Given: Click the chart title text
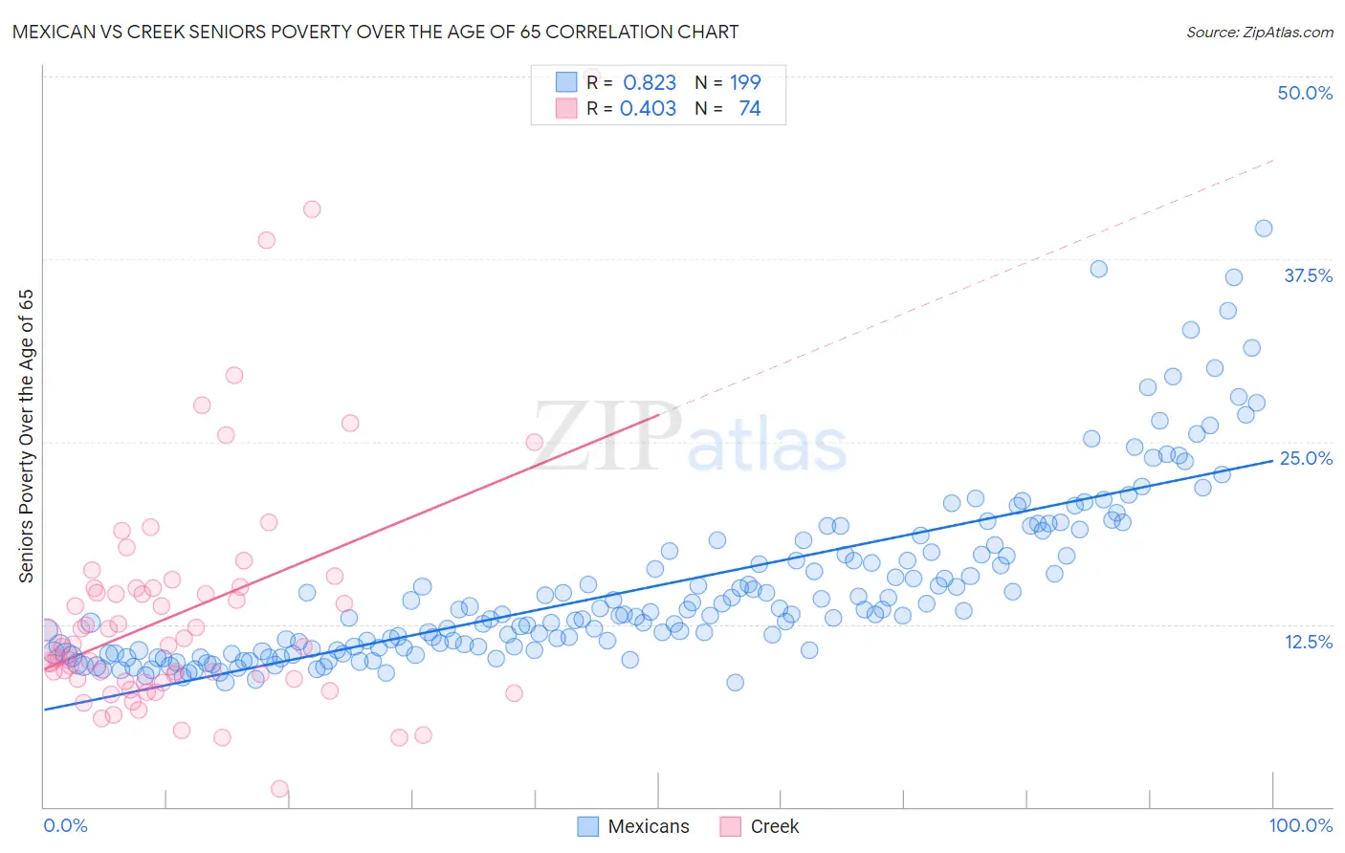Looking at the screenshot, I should (375, 32).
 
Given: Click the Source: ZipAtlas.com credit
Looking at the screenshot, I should (1259, 32).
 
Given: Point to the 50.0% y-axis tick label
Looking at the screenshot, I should (1305, 93).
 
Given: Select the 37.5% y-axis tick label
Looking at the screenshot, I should (1308, 275).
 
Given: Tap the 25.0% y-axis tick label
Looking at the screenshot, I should (1306, 458).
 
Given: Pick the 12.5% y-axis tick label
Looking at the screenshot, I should (1308, 642).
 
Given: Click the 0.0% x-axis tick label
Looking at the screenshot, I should (65, 825).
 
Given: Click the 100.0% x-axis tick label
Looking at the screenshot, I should (1300, 825).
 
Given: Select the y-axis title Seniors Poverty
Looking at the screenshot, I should (26, 436).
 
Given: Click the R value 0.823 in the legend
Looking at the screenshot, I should (650, 83).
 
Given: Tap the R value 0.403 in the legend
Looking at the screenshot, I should (648, 109).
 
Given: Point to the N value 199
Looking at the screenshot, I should (745, 83).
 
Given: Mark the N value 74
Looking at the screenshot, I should (749, 109).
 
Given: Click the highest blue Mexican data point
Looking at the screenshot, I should (1264, 228).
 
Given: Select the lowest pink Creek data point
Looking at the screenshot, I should (279, 789).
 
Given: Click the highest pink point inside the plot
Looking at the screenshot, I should (312, 208).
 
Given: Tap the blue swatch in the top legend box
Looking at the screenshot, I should (566, 82).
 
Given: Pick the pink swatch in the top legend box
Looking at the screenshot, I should (566, 108).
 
